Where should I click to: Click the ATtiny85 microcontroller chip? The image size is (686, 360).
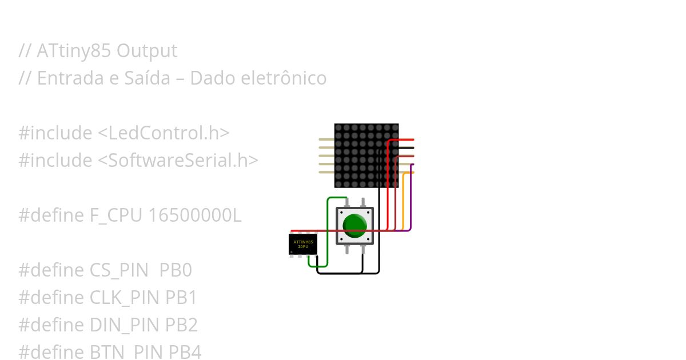pyautogui.click(x=303, y=245)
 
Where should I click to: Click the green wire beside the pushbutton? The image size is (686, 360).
pyautogui.click(x=327, y=229)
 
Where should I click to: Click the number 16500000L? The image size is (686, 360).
pyautogui.click(x=194, y=215)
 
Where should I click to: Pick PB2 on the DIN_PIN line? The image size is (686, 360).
pyautogui.click(x=181, y=325)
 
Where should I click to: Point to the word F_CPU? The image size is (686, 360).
pyautogui.click(x=117, y=215)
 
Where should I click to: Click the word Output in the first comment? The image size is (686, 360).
pyautogui.click(x=147, y=51)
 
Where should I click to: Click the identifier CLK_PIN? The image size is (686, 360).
pyautogui.click(x=125, y=298)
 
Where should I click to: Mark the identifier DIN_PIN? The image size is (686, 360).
pyautogui.click(x=125, y=325)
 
